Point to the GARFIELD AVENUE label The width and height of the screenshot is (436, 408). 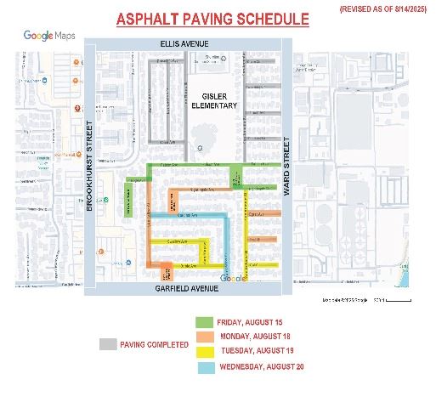point(189,289)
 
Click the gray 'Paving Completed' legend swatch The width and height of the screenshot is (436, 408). point(107,344)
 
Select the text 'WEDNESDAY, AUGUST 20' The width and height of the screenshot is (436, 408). point(262,367)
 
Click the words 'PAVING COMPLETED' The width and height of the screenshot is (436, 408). point(155,345)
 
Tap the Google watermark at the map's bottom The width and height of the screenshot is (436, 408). point(232,279)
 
